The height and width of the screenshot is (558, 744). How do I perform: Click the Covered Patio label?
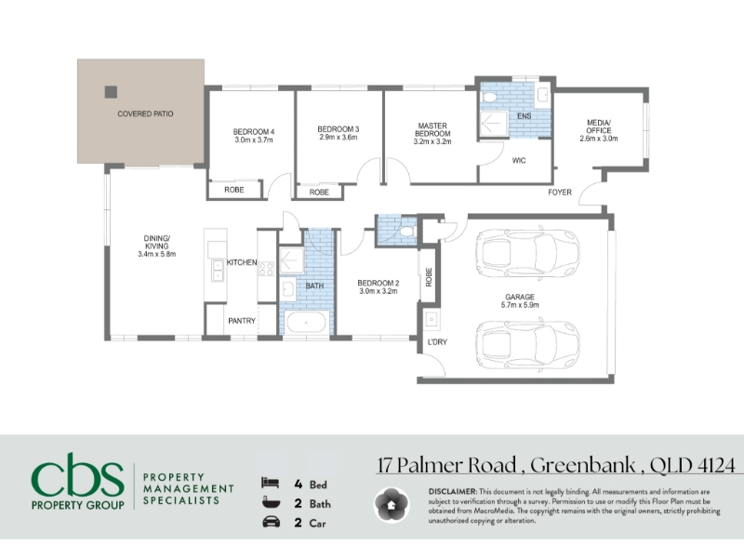[x=145, y=113]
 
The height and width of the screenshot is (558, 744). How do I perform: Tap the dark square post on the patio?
[x=111, y=91]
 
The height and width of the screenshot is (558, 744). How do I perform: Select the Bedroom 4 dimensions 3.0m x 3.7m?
[x=254, y=140]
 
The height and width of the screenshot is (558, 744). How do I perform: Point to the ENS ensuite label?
[x=524, y=116]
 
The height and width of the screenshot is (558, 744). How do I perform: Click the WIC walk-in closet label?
[x=519, y=160]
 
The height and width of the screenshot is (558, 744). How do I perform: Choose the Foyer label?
[x=560, y=193]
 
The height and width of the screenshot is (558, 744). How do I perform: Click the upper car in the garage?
[x=526, y=254]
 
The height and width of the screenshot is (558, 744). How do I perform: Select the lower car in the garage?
[x=526, y=345]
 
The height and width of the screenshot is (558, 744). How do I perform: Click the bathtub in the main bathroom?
[x=307, y=322]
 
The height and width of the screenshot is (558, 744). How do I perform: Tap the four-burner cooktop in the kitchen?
[x=266, y=269]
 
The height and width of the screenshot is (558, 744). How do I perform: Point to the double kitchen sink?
[x=218, y=270]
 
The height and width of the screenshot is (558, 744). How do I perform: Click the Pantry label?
[x=242, y=321]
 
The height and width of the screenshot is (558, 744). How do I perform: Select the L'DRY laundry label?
[x=437, y=342]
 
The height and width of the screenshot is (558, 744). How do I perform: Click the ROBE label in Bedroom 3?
[x=319, y=193]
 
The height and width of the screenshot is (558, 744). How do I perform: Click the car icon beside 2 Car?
[x=271, y=522]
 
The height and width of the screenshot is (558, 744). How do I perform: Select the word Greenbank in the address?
[x=583, y=465]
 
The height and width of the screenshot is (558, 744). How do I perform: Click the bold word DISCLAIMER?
[x=452, y=492]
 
